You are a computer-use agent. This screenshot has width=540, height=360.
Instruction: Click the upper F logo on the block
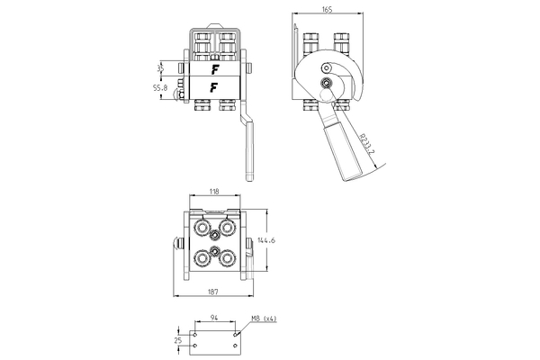coord(214,67)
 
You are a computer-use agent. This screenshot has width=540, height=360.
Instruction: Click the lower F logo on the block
coord(214,87)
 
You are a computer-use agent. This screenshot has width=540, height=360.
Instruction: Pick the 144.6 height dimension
coord(266,240)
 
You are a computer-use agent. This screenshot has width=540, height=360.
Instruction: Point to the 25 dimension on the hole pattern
coord(178,340)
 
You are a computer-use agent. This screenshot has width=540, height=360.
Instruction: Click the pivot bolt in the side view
coord(325,85)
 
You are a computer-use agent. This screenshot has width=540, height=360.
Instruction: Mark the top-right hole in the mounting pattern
coord(236,335)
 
